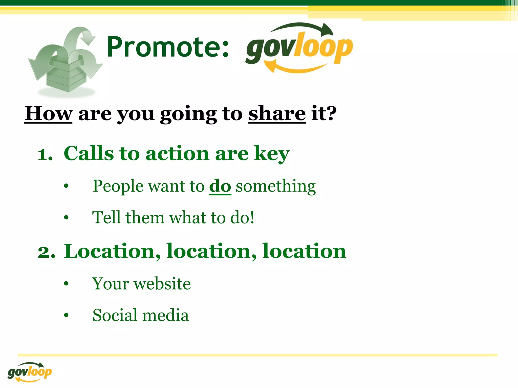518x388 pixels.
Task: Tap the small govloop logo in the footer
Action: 30,372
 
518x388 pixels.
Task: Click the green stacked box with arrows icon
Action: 65,62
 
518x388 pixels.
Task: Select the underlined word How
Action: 48,114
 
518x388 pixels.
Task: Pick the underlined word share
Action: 277,114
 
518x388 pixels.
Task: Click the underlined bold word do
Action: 220,186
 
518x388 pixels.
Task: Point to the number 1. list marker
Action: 45,154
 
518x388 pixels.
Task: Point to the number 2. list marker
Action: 47,252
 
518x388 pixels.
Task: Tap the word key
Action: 272,154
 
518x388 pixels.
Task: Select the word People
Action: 118,186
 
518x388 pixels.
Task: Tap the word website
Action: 162,284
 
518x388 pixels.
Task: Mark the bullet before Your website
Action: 66,283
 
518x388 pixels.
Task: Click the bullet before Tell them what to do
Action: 66,217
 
